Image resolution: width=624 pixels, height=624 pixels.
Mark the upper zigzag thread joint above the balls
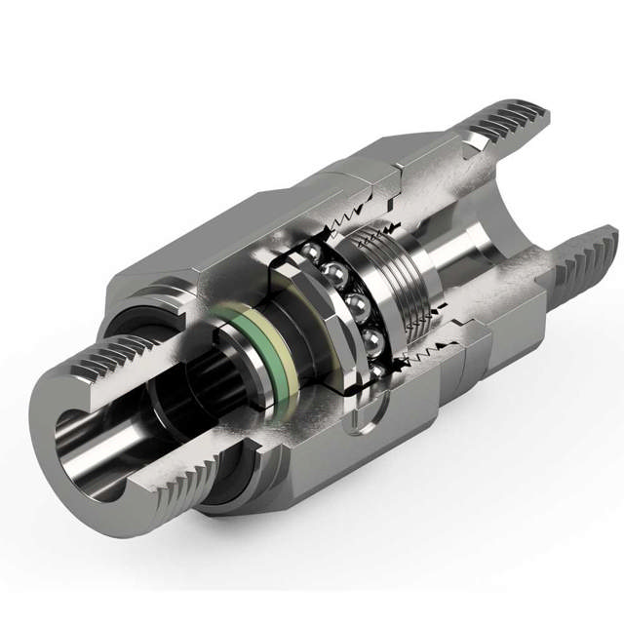pyautogui.click(x=356, y=214)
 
